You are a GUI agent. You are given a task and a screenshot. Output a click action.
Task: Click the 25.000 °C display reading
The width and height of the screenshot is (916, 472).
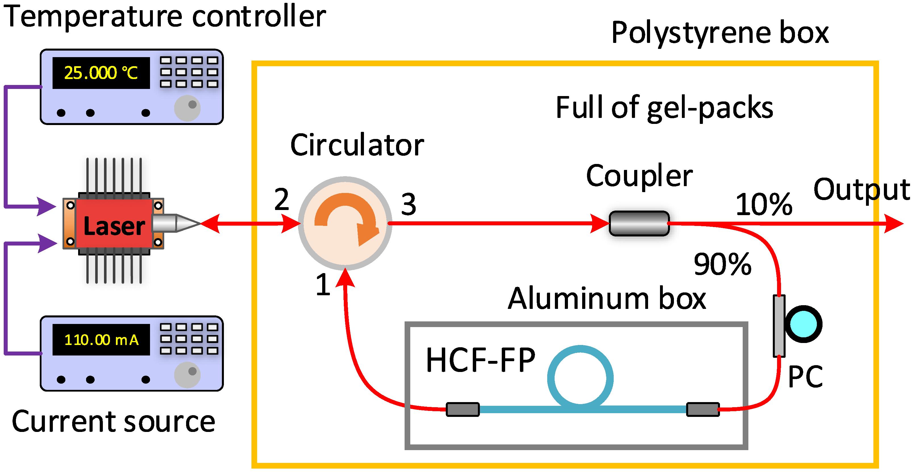(x=101, y=73)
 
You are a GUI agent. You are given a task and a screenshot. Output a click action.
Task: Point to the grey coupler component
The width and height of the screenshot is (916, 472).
(x=639, y=223)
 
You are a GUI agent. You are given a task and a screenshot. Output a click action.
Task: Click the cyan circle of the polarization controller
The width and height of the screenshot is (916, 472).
(x=803, y=324)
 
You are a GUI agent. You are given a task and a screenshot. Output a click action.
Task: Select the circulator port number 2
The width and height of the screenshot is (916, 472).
(x=282, y=199)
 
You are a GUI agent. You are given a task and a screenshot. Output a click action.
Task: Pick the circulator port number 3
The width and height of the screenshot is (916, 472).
(x=409, y=205)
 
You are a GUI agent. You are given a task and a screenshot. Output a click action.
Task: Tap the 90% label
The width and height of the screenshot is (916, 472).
(x=723, y=264)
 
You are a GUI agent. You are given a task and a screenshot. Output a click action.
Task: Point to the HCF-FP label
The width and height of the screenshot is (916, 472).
(x=480, y=360)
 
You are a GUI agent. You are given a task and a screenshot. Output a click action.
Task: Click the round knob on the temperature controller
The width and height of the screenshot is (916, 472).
(x=188, y=108)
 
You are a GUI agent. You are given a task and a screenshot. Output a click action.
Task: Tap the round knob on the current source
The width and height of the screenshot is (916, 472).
(x=188, y=375)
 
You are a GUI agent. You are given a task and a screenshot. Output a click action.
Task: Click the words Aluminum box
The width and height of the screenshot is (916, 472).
(x=607, y=299)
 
